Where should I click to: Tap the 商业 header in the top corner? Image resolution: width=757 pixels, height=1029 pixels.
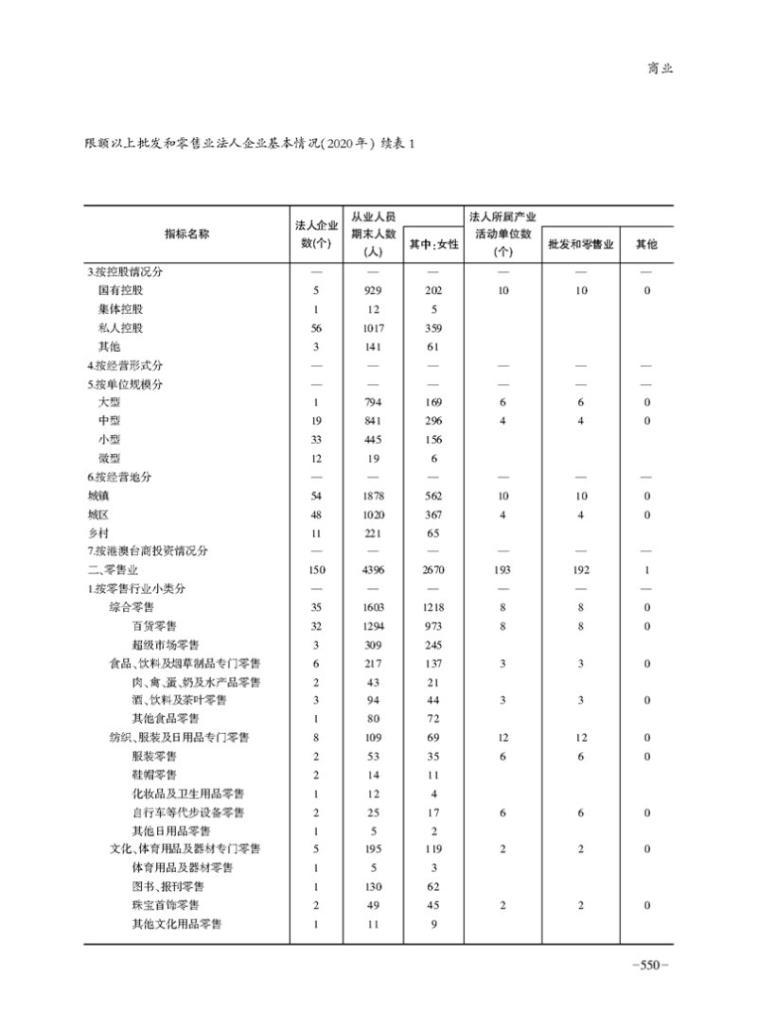pos(660,68)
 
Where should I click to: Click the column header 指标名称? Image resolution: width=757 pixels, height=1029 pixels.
pos(185,234)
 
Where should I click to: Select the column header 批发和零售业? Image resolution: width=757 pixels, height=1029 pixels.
pos(581,244)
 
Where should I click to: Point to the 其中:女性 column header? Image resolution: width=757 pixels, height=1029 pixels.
pos(433,244)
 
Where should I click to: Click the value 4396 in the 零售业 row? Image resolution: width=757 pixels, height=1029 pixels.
pos(372,569)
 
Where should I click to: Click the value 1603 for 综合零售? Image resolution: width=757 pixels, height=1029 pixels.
pos(372,607)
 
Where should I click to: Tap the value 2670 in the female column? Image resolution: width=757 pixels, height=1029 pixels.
pos(433,569)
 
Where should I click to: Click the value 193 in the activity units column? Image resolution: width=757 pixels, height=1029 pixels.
pos(503,569)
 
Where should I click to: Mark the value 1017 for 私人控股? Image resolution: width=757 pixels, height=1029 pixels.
pos(372,328)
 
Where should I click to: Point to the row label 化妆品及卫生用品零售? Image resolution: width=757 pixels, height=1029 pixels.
pos(187,794)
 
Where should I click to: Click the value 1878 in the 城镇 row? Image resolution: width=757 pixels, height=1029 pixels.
pos(372,496)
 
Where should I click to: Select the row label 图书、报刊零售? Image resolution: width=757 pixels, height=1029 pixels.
pos(167,886)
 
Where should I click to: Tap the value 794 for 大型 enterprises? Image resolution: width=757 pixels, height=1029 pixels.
pos(372,402)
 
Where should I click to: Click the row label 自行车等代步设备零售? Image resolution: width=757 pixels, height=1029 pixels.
pos(187,812)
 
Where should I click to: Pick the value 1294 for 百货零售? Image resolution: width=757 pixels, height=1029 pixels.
pos(372,625)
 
